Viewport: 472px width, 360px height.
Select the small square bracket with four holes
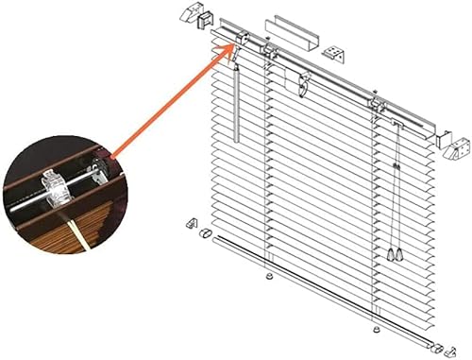pos(332,52)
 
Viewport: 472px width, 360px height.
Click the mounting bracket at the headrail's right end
pos(459,142)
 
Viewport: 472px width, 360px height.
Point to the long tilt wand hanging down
pos(236,104)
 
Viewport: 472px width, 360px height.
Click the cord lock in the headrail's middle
pos(303,84)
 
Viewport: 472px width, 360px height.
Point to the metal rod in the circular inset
pos(91,173)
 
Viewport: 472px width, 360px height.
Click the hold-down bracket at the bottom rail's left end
pos(193,225)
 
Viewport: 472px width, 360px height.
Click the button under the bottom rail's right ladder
pos(378,330)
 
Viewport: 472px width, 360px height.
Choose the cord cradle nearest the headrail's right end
pos(379,106)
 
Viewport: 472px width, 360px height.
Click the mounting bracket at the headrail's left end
pos(204,16)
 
